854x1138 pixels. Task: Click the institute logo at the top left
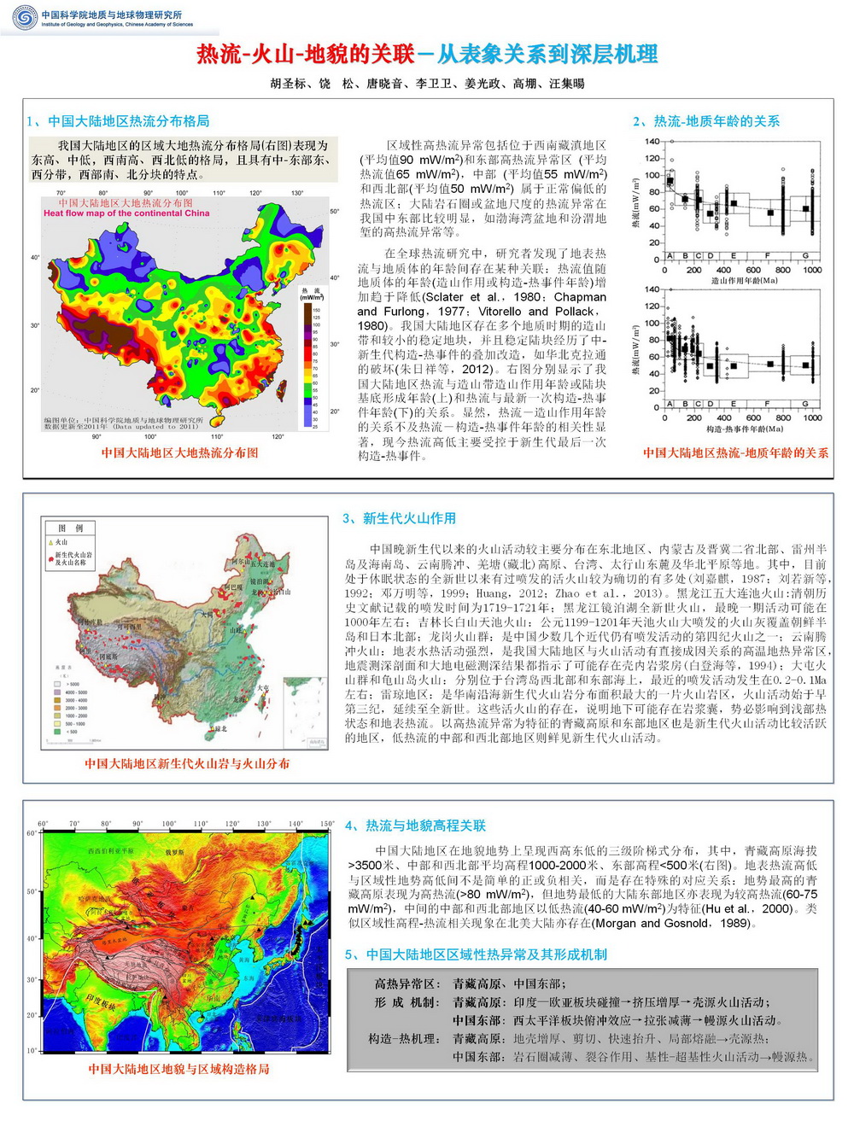pyautogui.click(x=25, y=17)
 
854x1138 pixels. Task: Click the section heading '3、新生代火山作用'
pyautogui.click(x=399, y=518)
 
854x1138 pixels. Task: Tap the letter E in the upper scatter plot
pyautogui.click(x=734, y=256)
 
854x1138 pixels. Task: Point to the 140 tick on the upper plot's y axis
pyautogui.click(x=652, y=142)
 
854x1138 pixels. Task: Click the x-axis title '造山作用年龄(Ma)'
pyautogui.click(x=743, y=281)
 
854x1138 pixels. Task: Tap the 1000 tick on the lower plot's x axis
pyautogui.click(x=812, y=417)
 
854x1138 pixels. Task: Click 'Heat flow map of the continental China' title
pyautogui.click(x=126, y=213)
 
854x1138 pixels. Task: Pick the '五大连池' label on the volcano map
pyautogui.click(x=262, y=564)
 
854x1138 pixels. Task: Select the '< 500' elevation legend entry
pyautogui.click(x=72, y=732)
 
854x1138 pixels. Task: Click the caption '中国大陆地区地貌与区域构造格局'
pyautogui.click(x=178, y=1069)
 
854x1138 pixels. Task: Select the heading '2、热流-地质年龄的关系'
pyautogui.click(x=706, y=121)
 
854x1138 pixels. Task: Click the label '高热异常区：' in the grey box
pyautogui.click(x=407, y=983)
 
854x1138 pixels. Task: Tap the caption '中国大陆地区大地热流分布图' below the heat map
pyautogui.click(x=179, y=452)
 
